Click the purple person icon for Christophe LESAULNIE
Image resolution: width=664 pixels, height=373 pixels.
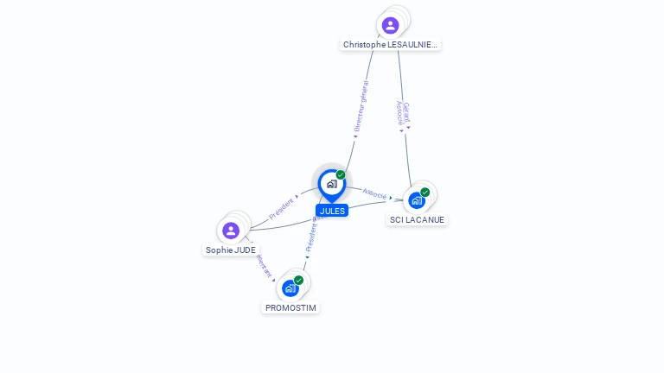(x=390, y=25)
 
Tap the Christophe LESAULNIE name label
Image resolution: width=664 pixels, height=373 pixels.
(x=391, y=44)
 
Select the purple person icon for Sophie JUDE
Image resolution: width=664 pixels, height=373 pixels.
(x=231, y=231)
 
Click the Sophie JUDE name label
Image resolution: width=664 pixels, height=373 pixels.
(x=231, y=250)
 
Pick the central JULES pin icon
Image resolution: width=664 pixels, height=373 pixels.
(x=331, y=184)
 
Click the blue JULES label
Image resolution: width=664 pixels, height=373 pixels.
(x=332, y=211)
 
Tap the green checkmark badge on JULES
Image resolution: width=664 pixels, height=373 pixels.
(x=341, y=175)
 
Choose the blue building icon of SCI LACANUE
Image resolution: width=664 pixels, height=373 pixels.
(x=417, y=200)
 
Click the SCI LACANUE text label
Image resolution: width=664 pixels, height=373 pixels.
(x=417, y=219)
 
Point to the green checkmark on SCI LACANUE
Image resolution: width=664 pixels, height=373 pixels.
(x=425, y=193)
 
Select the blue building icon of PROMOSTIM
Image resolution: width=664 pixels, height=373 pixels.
(x=290, y=288)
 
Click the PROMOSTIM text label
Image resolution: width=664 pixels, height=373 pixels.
(x=291, y=307)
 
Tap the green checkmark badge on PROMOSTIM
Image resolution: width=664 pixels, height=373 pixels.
(x=299, y=280)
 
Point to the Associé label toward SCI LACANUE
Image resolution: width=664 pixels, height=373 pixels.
(x=374, y=193)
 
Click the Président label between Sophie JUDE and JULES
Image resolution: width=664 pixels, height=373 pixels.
(x=282, y=207)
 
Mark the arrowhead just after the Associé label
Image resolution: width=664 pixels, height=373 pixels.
(x=391, y=198)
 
